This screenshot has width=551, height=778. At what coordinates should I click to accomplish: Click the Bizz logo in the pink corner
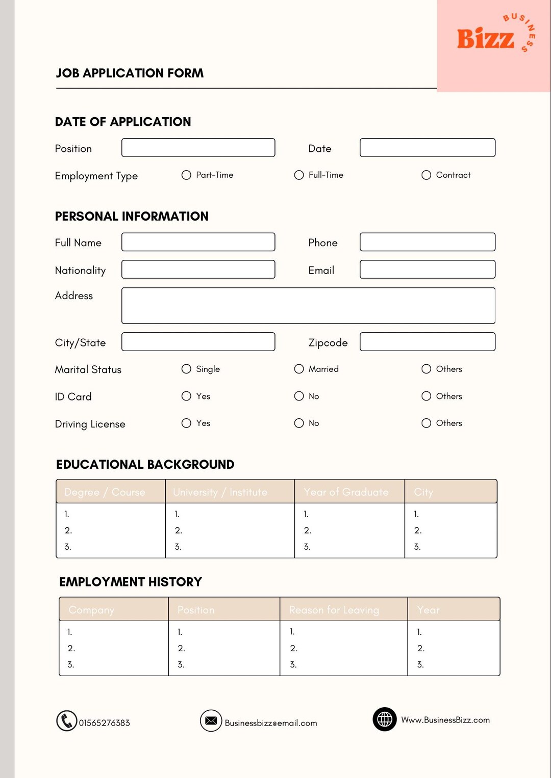tap(486, 39)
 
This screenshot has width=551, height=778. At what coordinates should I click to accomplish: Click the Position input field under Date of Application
tap(198, 148)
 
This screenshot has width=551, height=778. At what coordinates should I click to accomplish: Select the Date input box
tap(427, 148)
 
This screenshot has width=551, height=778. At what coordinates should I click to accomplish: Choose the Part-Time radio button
tap(186, 175)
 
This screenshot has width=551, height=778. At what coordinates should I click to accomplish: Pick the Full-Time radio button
tap(299, 175)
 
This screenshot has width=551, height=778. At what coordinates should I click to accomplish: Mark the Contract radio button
tap(426, 175)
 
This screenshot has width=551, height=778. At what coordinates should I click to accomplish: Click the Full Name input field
tap(198, 242)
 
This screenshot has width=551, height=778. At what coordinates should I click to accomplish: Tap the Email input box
tap(427, 270)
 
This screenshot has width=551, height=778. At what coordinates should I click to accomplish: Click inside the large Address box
tap(308, 306)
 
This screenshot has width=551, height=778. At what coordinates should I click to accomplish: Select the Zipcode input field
tap(427, 342)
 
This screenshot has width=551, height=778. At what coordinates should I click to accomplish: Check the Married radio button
tap(299, 369)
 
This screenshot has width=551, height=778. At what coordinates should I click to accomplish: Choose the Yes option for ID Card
tap(186, 396)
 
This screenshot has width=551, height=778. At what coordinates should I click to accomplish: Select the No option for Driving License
tap(299, 423)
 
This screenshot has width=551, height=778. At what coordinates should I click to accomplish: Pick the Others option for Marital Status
tap(426, 369)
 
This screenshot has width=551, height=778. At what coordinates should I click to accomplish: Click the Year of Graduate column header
tap(346, 492)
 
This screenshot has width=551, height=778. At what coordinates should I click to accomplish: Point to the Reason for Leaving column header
tap(334, 610)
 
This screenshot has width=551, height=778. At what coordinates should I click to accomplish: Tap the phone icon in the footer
tap(66, 721)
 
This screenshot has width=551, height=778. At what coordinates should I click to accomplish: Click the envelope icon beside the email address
tap(211, 720)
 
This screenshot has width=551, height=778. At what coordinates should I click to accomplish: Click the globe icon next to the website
tap(385, 719)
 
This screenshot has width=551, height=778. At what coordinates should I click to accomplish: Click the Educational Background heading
tap(145, 465)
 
